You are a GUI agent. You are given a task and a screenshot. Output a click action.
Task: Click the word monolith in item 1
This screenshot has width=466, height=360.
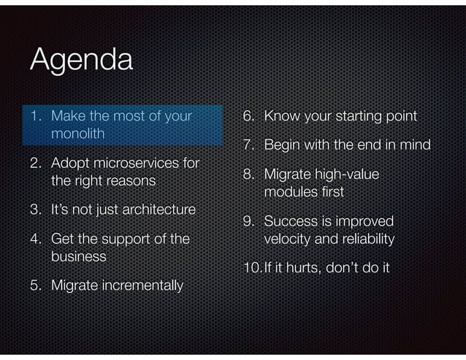pyautogui.click(x=78, y=134)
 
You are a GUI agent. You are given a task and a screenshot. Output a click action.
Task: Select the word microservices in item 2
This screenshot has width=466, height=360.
pyautogui.click(x=138, y=162)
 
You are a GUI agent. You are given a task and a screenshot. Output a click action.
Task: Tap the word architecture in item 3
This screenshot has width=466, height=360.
pyautogui.click(x=159, y=210)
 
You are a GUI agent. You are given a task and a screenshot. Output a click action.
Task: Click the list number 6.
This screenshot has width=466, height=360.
pyautogui.click(x=248, y=116)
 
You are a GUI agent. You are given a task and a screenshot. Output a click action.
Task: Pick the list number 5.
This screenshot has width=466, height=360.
pyautogui.click(x=34, y=285)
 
